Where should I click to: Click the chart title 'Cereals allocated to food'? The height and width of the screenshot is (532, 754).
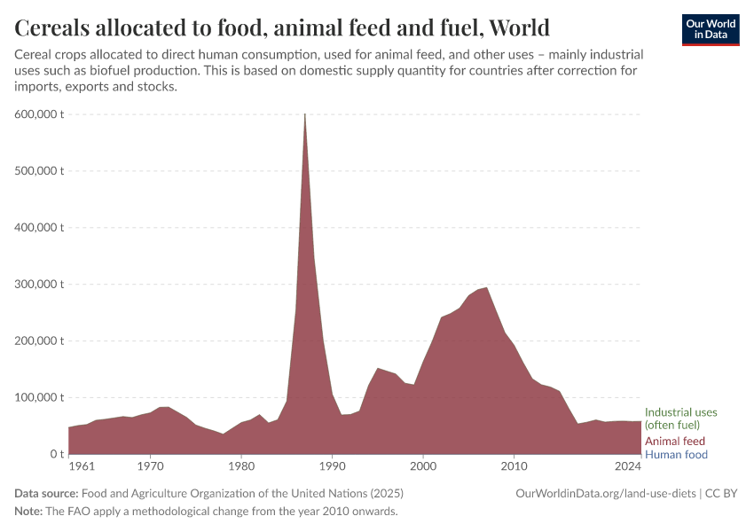[282, 27]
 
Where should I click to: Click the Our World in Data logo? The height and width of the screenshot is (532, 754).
[710, 29]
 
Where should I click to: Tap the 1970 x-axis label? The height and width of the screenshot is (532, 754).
[151, 465]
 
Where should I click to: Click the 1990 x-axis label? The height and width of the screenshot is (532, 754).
[333, 465]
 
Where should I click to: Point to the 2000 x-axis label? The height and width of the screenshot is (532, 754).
[423, 465]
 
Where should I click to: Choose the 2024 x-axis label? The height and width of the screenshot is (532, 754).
[628, 465]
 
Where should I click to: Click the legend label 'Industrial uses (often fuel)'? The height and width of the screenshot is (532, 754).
[680, 419]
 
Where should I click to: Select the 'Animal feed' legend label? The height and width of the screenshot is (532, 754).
[674, 441]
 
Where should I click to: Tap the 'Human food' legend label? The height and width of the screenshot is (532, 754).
[676, 455]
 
